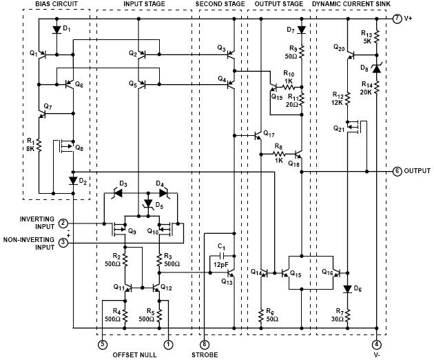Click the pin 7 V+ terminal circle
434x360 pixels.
[397, 19]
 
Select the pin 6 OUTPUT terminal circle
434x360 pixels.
[397, 172]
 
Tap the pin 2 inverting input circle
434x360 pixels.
[63, 223]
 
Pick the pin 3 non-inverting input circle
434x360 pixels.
[63, 243]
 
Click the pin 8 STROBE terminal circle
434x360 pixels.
[205, 345]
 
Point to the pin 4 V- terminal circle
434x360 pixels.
[376, 345]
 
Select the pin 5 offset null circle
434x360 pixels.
[103, 345]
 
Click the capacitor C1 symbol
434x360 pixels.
[223, 256]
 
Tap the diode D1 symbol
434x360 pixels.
[56, 30]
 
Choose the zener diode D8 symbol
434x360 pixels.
[376, 68]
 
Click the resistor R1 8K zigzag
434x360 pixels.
[39, 145]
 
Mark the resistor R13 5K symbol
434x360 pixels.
[376, 37]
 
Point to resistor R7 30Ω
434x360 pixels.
[348, 315]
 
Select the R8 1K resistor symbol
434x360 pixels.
[279, 154]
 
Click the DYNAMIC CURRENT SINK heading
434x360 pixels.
[351, 4]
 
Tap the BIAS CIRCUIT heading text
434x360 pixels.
[56, 4]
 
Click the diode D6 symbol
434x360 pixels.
[348, 290]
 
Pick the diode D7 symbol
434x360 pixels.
[302, 30]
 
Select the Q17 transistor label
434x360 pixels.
[269, 134]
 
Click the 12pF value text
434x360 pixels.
[221, 265]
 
